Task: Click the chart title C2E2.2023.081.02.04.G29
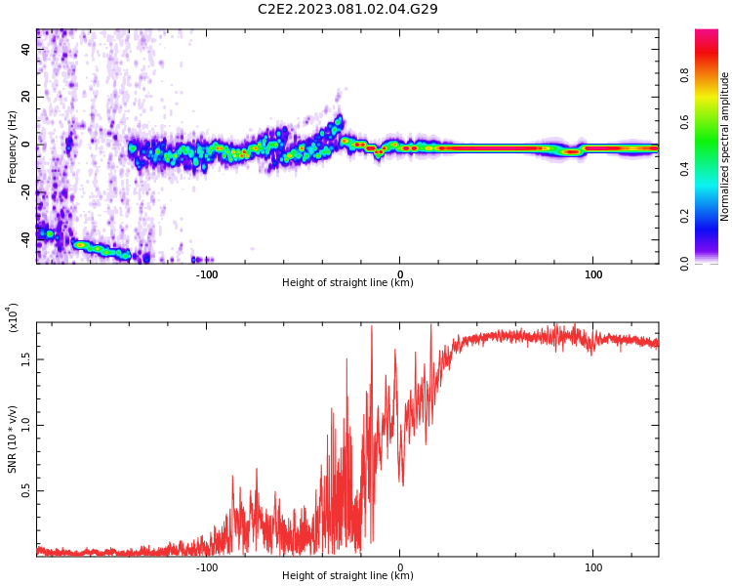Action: tap(347, 9)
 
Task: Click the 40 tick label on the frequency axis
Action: tap(26, 48)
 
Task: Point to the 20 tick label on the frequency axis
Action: tap(26, 96)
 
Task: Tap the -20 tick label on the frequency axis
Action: tap(24, 191)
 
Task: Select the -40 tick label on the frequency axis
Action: tap(24, 239)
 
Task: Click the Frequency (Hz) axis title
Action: tap(13, 146)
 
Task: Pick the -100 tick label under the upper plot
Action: tap(207, 274)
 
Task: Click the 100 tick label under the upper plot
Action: tap(593, 274)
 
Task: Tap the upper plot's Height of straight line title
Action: tap(347, 283)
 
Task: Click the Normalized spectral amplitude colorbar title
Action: tap(725, 146)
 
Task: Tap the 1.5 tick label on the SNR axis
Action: tap(26, 358)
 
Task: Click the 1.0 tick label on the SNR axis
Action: tap(26, 425)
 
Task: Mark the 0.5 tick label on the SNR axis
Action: tap(26, 491)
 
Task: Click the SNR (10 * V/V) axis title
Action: tap(13, 439)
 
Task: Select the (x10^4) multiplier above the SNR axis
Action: tap(14, 317)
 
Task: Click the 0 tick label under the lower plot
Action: tap(400, 567)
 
